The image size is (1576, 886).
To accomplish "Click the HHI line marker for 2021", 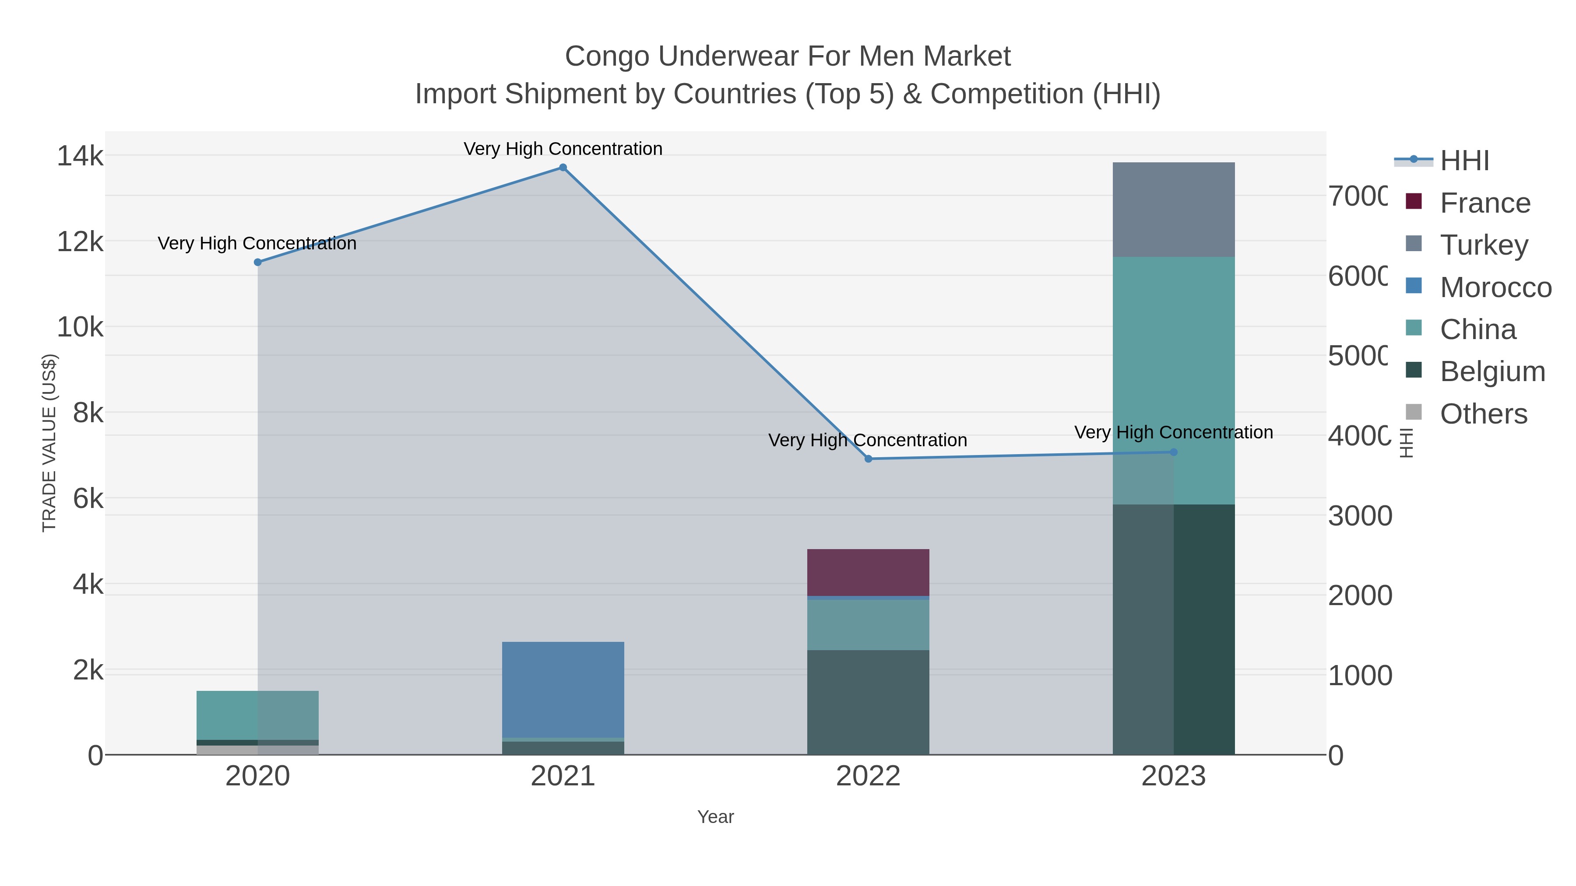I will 563,168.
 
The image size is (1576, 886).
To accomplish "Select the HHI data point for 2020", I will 257,263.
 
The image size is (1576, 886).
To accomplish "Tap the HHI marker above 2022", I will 868,459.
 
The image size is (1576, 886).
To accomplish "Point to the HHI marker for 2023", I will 1173,452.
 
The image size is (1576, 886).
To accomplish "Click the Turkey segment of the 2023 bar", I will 1173,209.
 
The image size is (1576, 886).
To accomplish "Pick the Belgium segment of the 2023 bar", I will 1173,630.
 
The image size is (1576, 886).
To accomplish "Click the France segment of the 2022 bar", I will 868,572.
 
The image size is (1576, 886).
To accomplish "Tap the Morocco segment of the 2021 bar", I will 563,690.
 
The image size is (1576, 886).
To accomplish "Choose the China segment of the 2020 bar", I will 257,715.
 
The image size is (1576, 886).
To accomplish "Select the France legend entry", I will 1485,203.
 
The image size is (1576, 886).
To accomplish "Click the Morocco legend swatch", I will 1414,286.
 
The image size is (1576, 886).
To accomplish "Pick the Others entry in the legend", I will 1484,414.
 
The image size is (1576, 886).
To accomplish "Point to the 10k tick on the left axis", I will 80,327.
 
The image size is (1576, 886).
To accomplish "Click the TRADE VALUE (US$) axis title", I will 49,443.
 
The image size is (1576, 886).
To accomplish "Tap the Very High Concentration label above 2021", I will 563,149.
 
